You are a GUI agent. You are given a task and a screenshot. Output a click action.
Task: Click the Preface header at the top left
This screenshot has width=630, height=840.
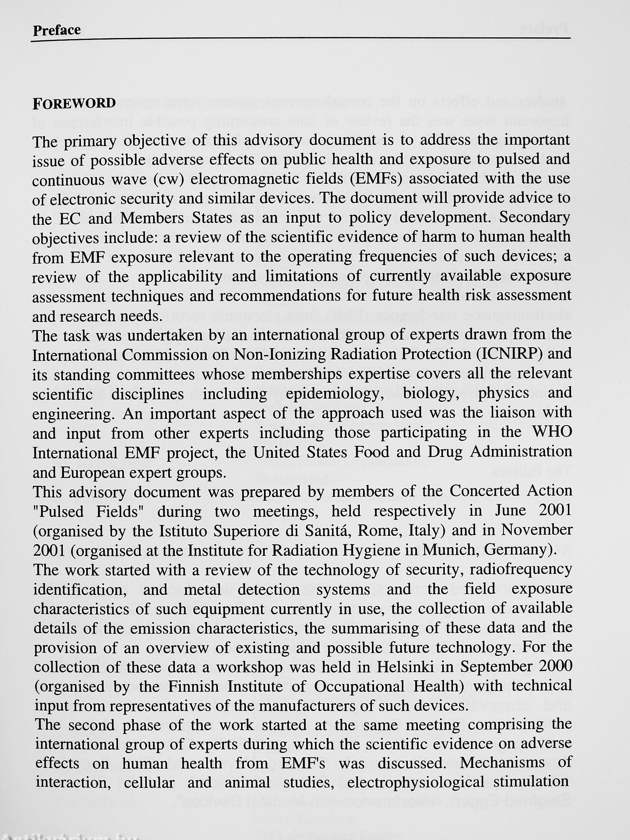pyautogui.click(x=57, y=30)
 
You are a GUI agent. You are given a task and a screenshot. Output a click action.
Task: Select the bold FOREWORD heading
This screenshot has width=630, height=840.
pyautogui.click(x=74, y=103)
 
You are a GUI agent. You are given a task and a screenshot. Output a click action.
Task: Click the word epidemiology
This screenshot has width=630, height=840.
pyautogui.click(x=333, y=394)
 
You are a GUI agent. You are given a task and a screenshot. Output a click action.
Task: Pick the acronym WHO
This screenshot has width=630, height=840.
pyautogui.click(x=553, y=433)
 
